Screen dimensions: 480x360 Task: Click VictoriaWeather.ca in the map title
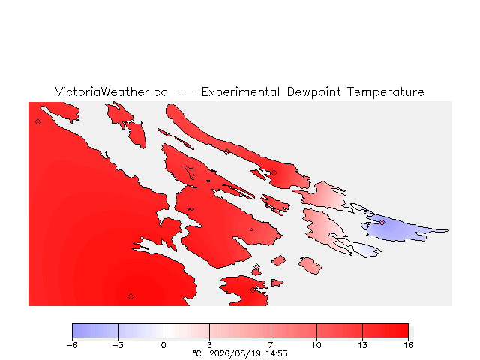[112, 91]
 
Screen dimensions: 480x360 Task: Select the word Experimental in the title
[241, 92]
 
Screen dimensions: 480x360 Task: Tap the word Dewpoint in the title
[313, 92]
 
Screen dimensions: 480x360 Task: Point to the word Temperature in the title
[385, 92]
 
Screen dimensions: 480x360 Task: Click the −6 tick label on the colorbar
[72, 345]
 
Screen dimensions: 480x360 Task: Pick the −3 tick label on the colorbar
[118, 345]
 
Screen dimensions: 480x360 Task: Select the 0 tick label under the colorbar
[163, 345]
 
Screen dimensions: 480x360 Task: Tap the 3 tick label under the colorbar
[210, 345]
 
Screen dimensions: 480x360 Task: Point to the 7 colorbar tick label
[271, 345]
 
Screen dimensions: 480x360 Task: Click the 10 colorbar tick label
[316, 345]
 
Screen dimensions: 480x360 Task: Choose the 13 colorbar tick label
[363, 345]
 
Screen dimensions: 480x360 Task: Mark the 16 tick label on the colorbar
[408, 345]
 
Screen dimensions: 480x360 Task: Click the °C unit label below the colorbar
[197, 353]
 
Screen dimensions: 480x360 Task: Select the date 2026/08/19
[235, 353]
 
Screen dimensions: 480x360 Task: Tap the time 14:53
[277, 353]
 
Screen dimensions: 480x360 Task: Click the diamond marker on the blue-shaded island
[382, 222]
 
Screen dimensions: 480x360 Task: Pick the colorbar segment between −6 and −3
[95, 331]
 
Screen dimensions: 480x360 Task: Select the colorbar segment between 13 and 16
[385, 331]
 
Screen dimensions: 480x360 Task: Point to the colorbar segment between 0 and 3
[187, 331]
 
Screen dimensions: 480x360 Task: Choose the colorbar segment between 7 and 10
[294, 331]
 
